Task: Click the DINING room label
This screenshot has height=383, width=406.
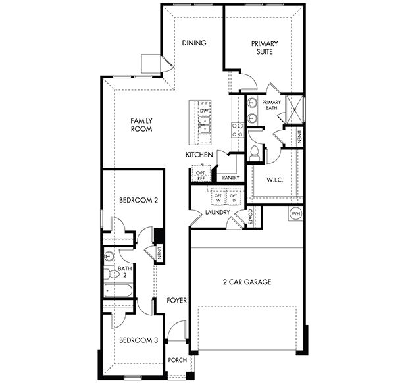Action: pyautogui.click(x=194, y=43)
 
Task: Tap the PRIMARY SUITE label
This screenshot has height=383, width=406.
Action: pyautogui.click(x=265, y=47)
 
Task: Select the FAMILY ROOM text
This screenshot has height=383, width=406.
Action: pyautogui.click(x=141, y=125)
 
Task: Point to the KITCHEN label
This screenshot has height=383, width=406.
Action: pyautogui.click(x=199, y=155)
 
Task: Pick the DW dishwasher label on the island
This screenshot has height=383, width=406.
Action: pyautogui.click(x=204, y=111)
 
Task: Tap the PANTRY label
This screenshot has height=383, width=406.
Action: pyautogui.click(x=230, y=178)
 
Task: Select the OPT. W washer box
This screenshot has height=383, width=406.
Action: pyautogui.click(x=218, y=197)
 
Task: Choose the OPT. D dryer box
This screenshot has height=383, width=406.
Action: pyautogui.click(x=233, y=197)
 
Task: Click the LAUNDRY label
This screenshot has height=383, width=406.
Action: pyautogui.click(x=217, y=213)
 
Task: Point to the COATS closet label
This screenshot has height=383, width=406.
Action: pyautogui.click(x=251, y=216)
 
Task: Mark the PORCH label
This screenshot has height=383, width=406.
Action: pyautogui.click(x=177, y=360)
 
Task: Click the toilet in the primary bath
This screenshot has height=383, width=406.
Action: pyautogui.click(x=255, y=152)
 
